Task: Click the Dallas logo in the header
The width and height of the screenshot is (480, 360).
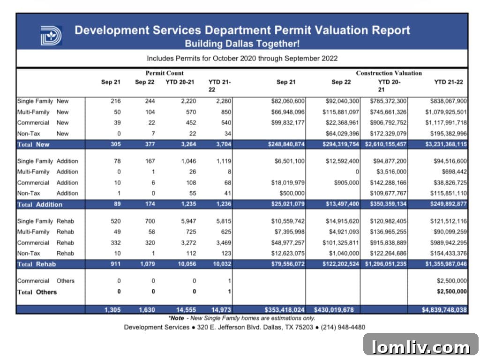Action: point(51,36)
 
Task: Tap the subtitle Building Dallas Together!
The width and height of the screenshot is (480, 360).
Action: point(242,44)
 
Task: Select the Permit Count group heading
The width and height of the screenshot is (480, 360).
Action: point(165,73)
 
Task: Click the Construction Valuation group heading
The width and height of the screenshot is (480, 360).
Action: point(389,73)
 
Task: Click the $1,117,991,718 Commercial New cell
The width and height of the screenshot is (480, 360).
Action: point(446,123)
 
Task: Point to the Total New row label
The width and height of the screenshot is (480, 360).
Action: point(33,144)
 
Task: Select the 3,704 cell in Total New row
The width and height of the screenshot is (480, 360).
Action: point(217,144)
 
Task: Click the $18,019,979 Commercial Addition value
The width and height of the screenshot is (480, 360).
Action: point(288,183)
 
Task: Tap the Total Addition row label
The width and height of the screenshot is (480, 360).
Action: point(40,204)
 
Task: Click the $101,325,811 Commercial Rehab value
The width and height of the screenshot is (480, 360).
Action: point(340,243)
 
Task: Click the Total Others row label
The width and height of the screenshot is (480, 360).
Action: point(37,292)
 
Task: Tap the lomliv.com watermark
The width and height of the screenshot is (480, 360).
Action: point(420,347)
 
